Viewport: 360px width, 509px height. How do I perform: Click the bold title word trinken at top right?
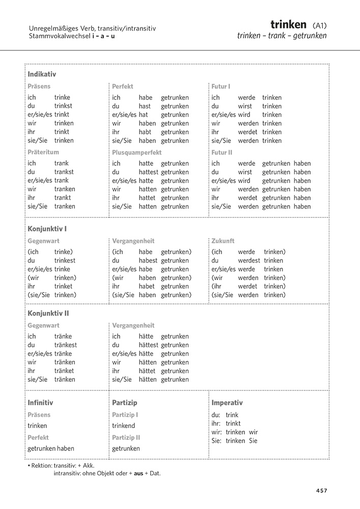coord(288,24)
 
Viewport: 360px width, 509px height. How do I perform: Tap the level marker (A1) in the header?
coord(319,25)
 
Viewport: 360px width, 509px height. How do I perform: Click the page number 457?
coord(321,491)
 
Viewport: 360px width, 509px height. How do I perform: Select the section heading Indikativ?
coord(42,74)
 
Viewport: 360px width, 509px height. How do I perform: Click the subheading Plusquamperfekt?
coord(136,152)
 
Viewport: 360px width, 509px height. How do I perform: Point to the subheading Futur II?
coord(221,152)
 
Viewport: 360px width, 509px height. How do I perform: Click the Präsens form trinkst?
coord(64,106)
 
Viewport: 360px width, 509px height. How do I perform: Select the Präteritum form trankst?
coord(64,172)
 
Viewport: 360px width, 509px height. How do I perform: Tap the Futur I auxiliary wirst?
coord(245,106)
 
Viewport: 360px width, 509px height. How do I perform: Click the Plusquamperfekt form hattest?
coord(149,172)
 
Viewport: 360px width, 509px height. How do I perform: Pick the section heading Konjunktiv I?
coord(47,229)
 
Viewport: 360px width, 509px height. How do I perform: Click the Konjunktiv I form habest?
coord(149,261)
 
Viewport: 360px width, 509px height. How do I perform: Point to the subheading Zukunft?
coord(223,241)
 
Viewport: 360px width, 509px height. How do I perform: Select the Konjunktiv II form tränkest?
coord(66,345)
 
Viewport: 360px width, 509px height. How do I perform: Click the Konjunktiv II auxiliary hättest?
coord(149,345)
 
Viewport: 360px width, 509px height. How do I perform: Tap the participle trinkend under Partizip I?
coord(124,426)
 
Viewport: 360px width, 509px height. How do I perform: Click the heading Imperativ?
coord(227,403)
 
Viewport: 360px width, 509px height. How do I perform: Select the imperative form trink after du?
coord(232,415)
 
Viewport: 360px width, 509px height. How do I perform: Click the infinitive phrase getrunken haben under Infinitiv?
coord(51,448)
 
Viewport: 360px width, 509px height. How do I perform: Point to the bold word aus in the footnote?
coord(139,473)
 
